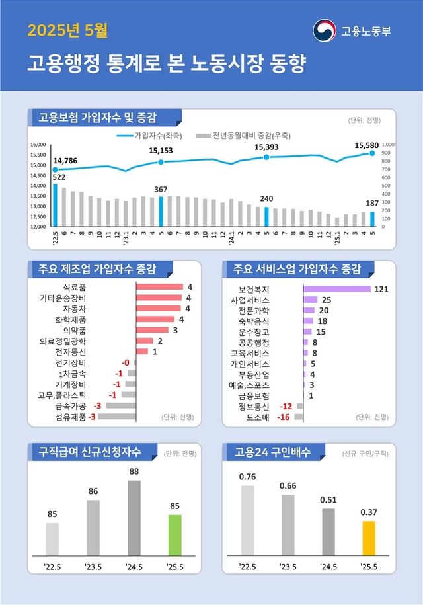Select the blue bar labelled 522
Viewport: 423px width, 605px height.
pyautogui.click(x=56, y=205)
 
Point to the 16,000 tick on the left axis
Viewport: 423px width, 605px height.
pyautogui.click(x=38, y=144)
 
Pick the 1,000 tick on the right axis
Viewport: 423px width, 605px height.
pyautogui.click(x=388, y=144)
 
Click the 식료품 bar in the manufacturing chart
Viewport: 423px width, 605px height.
pyautogui.click(x=159, y=286)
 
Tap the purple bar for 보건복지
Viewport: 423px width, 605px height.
pyautogui.click(x=337, y=289)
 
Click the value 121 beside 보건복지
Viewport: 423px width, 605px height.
pyautogui.click(x=381, y=289)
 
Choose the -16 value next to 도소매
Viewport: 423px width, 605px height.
pyautogui.click(x=285, y=417)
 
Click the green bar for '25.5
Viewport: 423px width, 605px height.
pyautogui.click(x=174, y=534)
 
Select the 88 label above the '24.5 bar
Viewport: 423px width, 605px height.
pyautogui.click(x=134, y=471)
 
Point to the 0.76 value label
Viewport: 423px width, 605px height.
pyautogui.click(x=247, y=476)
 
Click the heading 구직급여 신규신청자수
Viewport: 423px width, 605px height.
pyautogui.click(x=93, y=453)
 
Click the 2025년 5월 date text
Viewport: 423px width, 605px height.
pyautogui.click(x=68, y=30)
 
